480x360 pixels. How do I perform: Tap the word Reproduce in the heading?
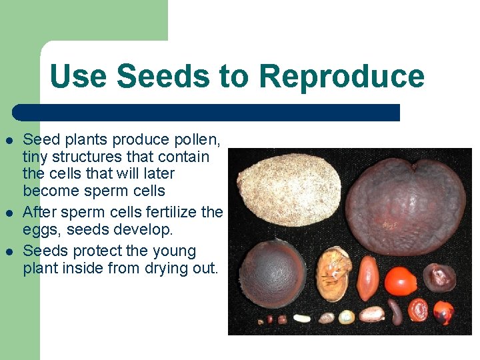[x=341, y=77]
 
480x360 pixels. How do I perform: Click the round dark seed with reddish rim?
[x=272, y=273]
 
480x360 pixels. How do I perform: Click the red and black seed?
[x=443, y=311]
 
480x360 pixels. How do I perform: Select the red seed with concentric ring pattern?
[x=418, y=310]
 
